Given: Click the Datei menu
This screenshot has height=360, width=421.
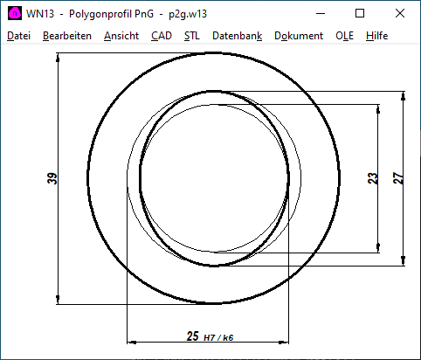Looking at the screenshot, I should (x=18, y=36).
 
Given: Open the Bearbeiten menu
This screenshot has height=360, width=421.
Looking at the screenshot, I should (x=66, y=36).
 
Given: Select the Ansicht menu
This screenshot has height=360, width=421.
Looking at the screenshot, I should (x=121, y=36).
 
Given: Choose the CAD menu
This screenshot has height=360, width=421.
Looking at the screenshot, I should (x=161, y=36).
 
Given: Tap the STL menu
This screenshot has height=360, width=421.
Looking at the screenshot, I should (x=191, y=36).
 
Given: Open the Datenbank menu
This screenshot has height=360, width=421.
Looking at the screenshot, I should (x=237, y=36).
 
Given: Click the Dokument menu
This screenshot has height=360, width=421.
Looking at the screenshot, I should (x=298, y=36).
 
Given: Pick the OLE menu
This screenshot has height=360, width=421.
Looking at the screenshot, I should (x=345, y=36).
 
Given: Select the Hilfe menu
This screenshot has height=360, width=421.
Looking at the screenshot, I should (x=377, y=36).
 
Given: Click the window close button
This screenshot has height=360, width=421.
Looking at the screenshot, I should (x=400, y=13).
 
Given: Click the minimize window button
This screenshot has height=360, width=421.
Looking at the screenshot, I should (x=320, y=13).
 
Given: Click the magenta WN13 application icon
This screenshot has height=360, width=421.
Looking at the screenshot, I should (x=14, y=13).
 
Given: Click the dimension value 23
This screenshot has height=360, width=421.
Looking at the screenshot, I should (x=373, y=178).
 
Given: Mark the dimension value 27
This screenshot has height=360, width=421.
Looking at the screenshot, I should (x=398, y=178).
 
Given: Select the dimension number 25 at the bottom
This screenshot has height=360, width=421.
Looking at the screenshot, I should (x=193, y=336).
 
